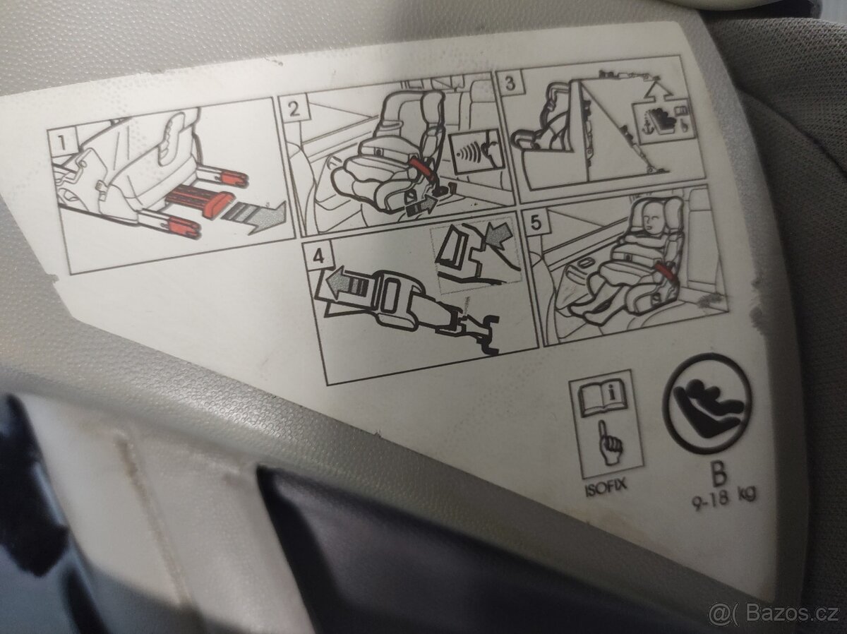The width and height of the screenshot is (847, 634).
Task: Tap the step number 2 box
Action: click(294, 109)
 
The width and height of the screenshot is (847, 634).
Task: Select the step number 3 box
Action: click(510, 83)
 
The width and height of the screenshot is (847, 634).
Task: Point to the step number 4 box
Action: click(318, 256)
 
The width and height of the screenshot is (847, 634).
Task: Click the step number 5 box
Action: click(536, 222)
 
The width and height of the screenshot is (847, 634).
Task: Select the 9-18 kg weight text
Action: click(723, 498)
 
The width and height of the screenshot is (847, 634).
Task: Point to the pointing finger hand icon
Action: click(610, 444)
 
